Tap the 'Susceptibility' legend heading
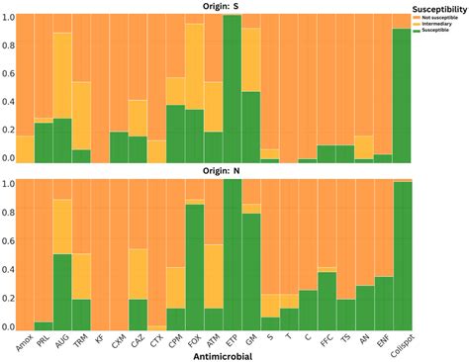(x=438, y=5)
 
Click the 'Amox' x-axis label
(x=22, y=340)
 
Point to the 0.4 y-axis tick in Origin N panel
(x=8, y=269)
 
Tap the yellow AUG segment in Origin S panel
(x=61, y=75)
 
